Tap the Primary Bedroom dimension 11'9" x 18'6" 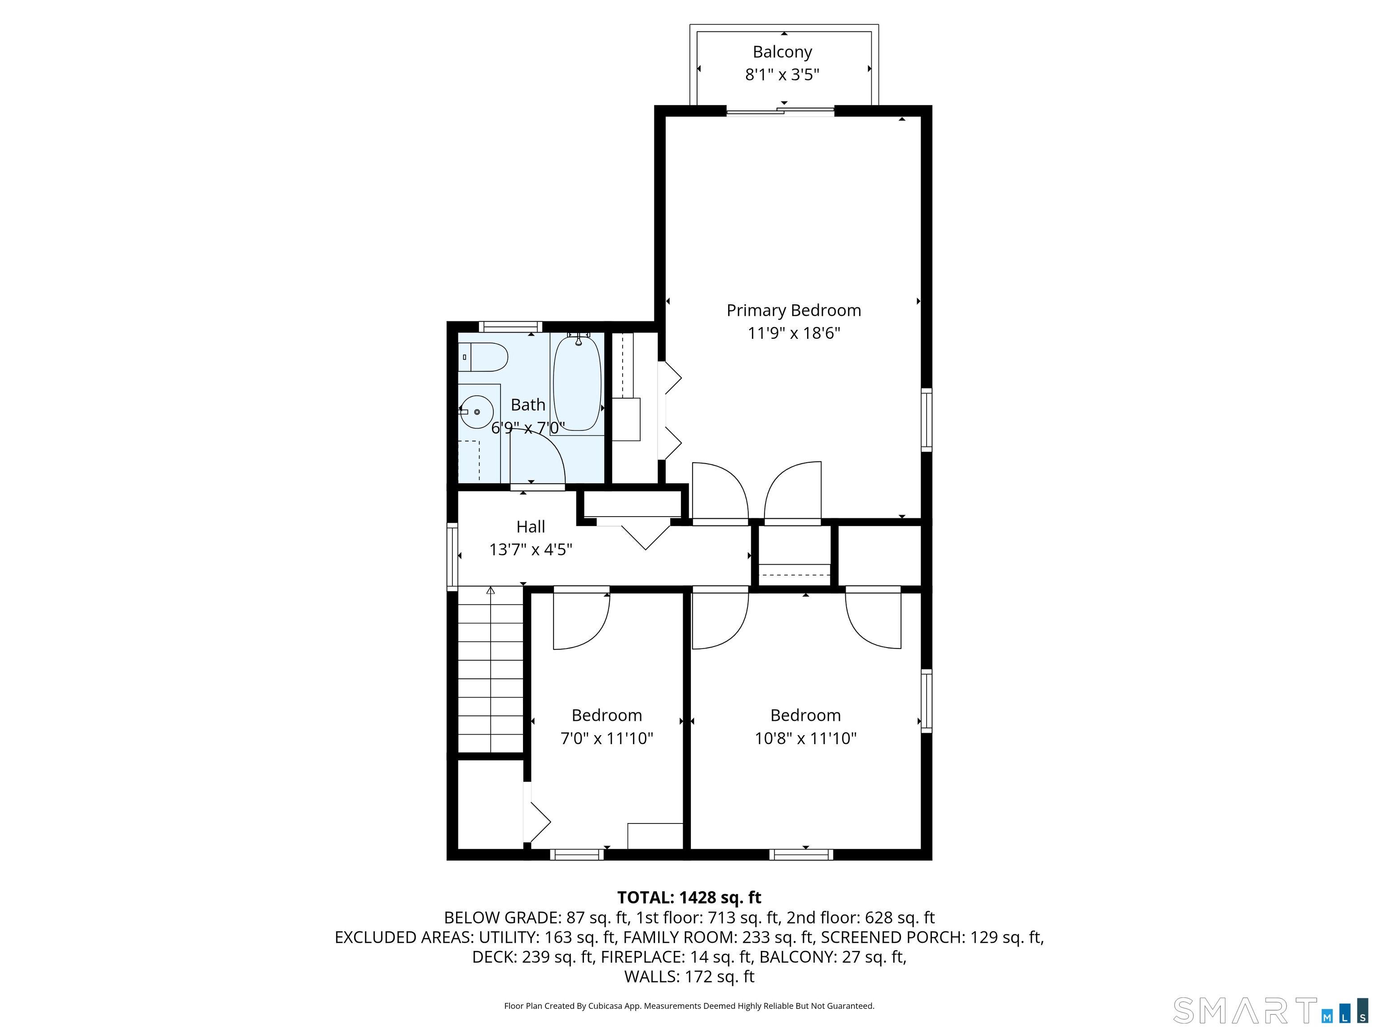794,333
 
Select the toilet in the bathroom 484,357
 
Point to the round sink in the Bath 477,412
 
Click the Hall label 531,527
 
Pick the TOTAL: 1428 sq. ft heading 689,898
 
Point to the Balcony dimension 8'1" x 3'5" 782,75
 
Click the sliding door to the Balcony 781,112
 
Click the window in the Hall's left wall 452,556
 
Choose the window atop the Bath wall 510,327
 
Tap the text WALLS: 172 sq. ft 689,977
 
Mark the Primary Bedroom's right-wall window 927,420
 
